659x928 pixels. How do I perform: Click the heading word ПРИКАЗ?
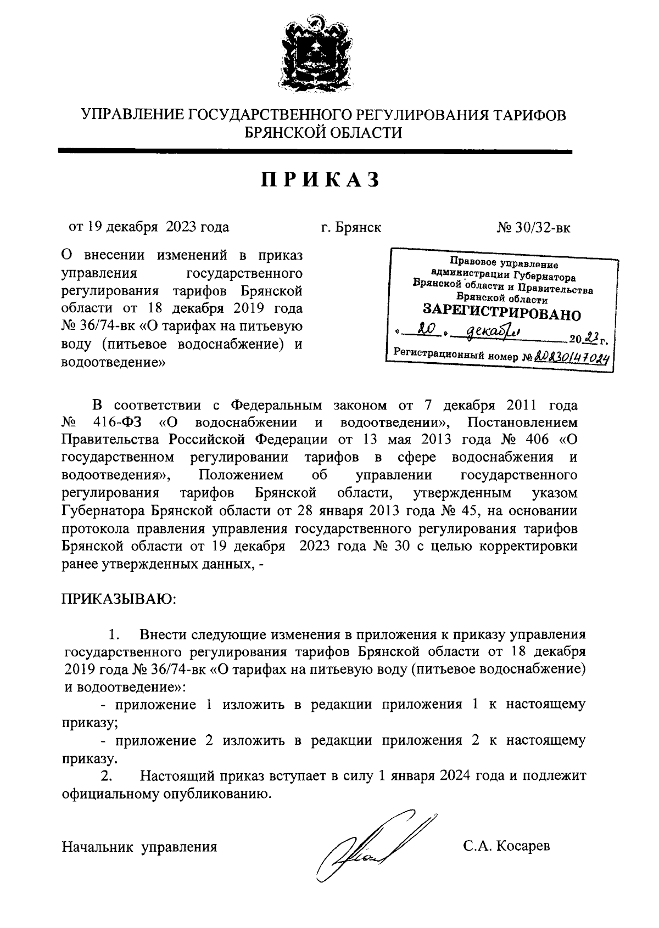(x=320, y=180)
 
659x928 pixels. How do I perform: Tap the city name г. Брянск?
(x=351, y=228)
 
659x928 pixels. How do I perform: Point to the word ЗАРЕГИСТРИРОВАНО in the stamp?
(x=501, y=314)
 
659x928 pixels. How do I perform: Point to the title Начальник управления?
(x=139, y=847)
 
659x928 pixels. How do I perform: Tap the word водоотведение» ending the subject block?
(x=114, y=363)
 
